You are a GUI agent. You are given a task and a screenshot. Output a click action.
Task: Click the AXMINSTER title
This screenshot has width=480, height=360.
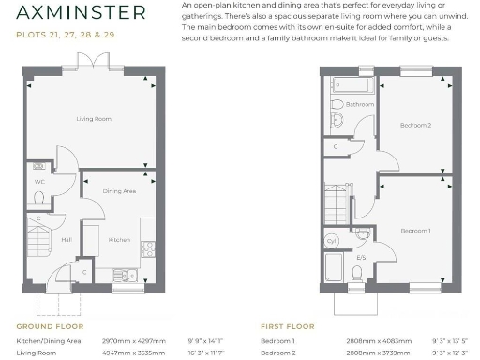click(x=81, y=13)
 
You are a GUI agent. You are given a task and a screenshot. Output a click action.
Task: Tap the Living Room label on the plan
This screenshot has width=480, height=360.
click(x=94, y=119)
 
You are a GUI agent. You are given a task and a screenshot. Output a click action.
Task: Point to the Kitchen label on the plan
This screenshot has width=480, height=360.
click(x=119, y=240)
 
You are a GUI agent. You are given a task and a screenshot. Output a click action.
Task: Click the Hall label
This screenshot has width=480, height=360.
click(x=40, y=240)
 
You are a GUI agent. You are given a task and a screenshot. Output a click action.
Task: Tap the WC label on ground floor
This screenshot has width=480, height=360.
click(x=39, y=181)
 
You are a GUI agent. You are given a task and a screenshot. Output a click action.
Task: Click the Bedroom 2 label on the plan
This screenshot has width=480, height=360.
click(x=415, y=125)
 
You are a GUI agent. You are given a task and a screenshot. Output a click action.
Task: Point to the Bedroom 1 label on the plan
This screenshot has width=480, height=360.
click(x=415, y=230)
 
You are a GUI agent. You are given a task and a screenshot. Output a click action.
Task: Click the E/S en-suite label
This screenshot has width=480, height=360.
click(x=360, y=256)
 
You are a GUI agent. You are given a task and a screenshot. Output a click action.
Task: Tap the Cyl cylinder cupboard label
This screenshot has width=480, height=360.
click(x=332, y=240)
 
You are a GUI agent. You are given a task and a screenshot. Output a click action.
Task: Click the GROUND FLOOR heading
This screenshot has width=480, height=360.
click(x=50, y=327)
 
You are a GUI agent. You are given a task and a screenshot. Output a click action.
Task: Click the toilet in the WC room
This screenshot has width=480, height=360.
click(x=39, y=198)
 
